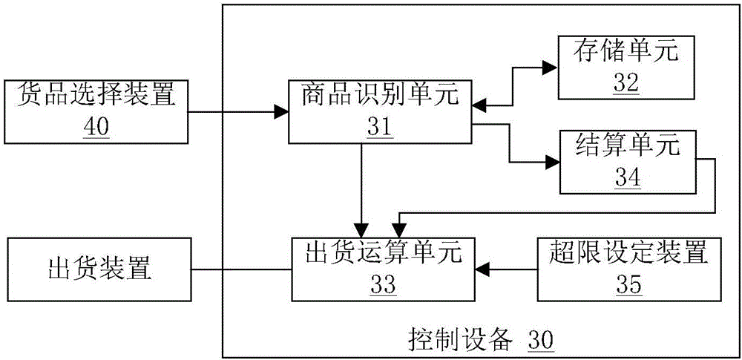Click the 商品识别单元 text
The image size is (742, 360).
(381, 95)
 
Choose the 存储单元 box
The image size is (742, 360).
(626, 68)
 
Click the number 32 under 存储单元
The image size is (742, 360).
(626, 82)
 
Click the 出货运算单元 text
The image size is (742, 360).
(381, 253)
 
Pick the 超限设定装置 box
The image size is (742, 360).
(628, 269)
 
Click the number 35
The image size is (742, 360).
(628, 284)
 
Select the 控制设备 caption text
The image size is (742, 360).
(460, 341)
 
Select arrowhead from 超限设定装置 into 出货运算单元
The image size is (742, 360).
(482, 269)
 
